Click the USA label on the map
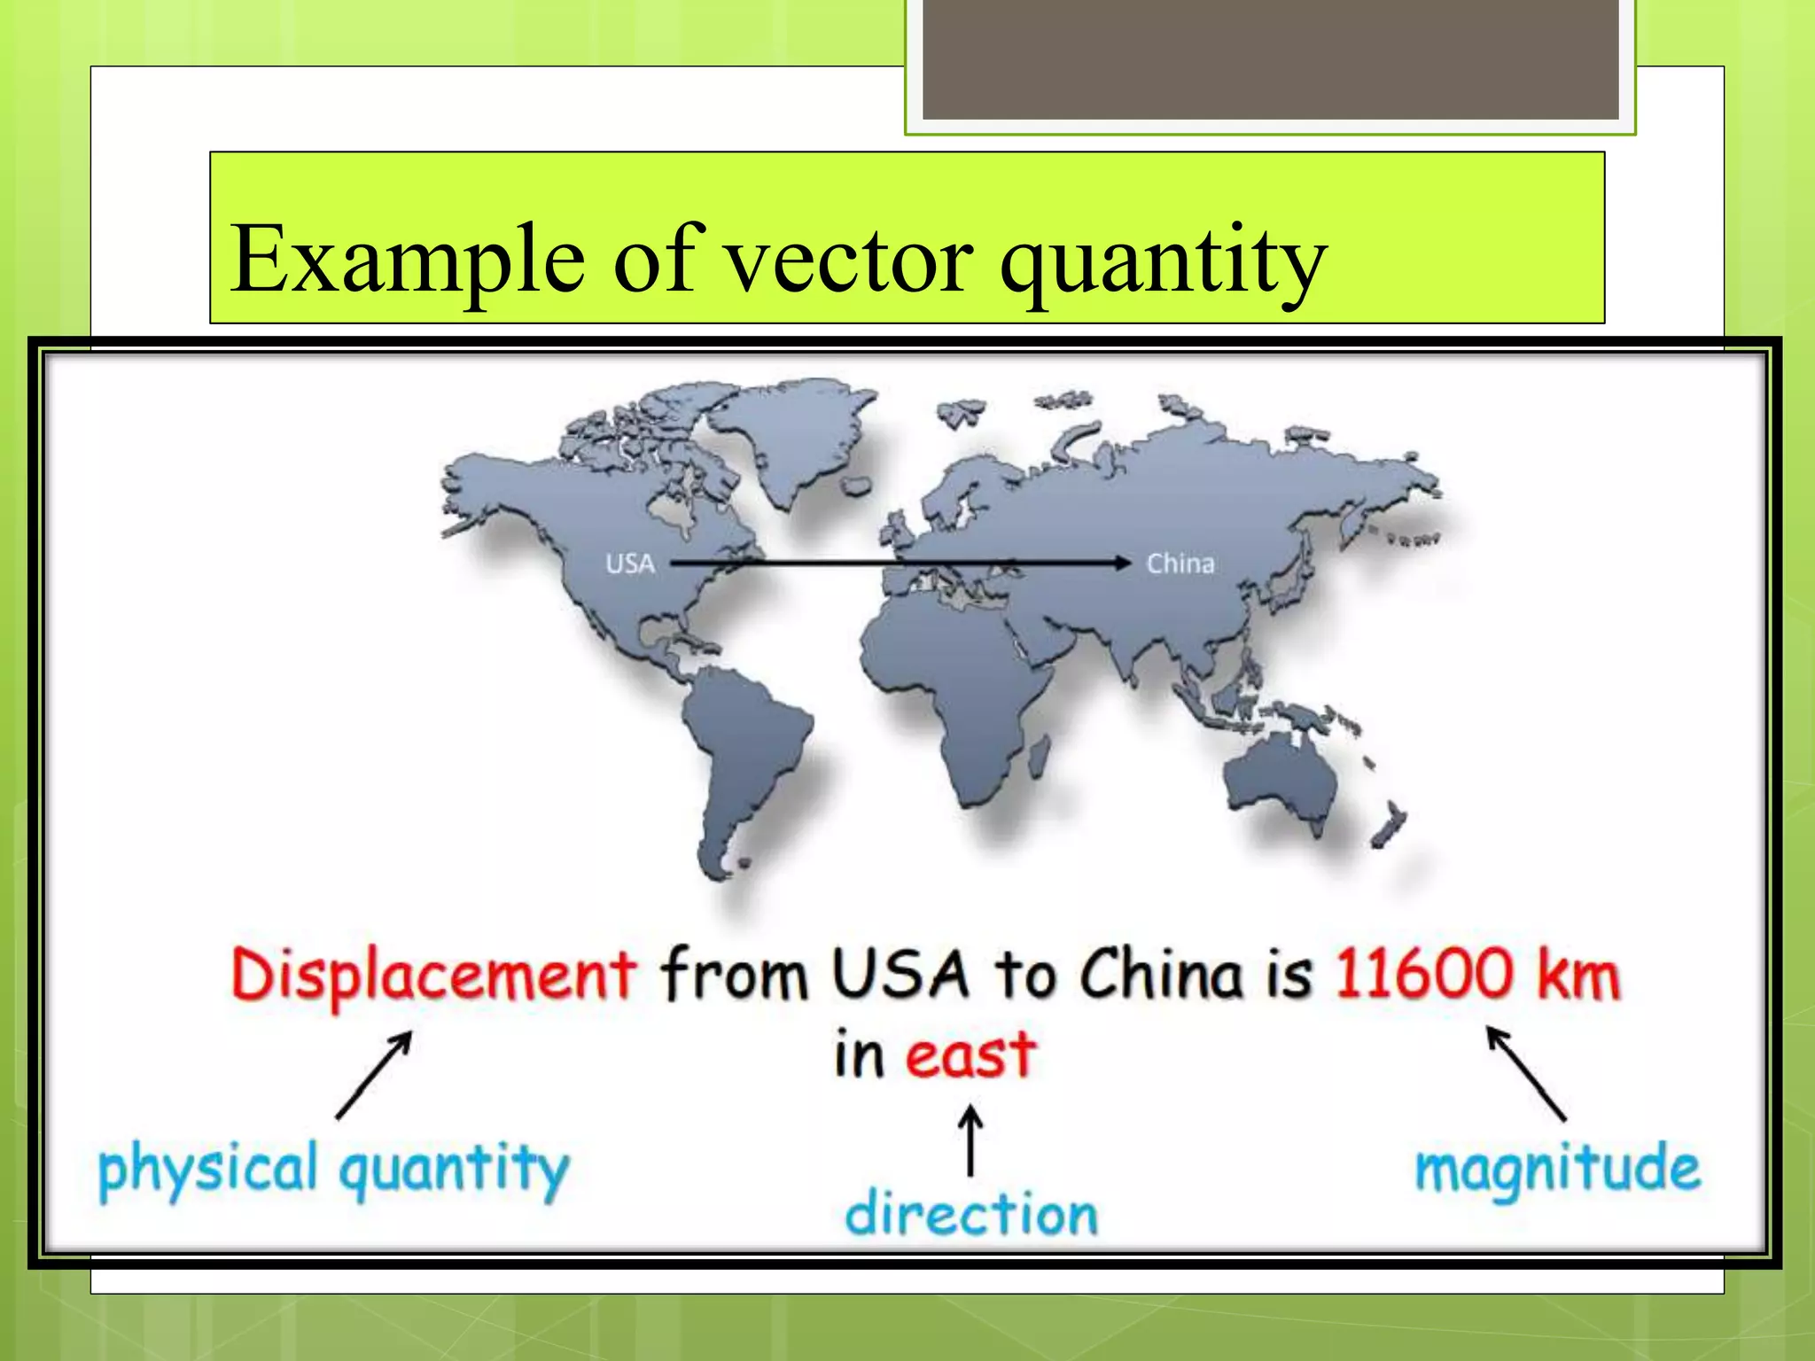pos(630,564)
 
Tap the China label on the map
pos(1180,564)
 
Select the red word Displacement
pos(432,976)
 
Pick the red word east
pos(970,1055)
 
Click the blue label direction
pos(971,1214)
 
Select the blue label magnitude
pos(1557,1169)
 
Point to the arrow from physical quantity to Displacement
pos(374,1074)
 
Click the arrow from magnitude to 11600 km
pos(1526,1073)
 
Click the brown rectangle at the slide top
pos(1270,58)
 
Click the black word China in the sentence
pos(1161,974)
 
